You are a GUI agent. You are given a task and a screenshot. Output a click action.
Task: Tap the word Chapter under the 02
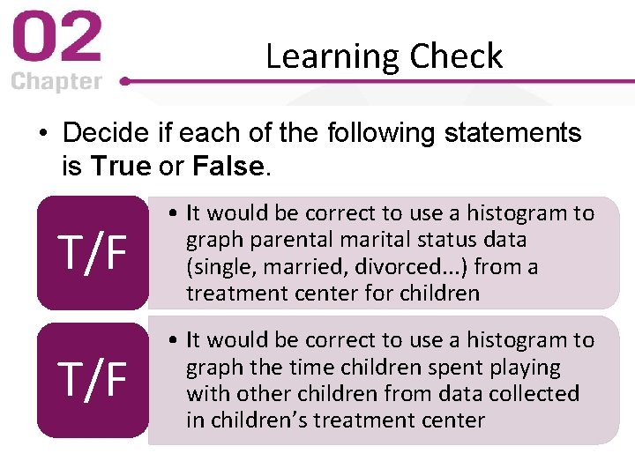[56, 82]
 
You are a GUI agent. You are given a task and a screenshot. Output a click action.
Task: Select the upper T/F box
[93, 252]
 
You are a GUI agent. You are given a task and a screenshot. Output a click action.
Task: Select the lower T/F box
[93, 379]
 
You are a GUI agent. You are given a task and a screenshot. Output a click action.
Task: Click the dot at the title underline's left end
[125, 80]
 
